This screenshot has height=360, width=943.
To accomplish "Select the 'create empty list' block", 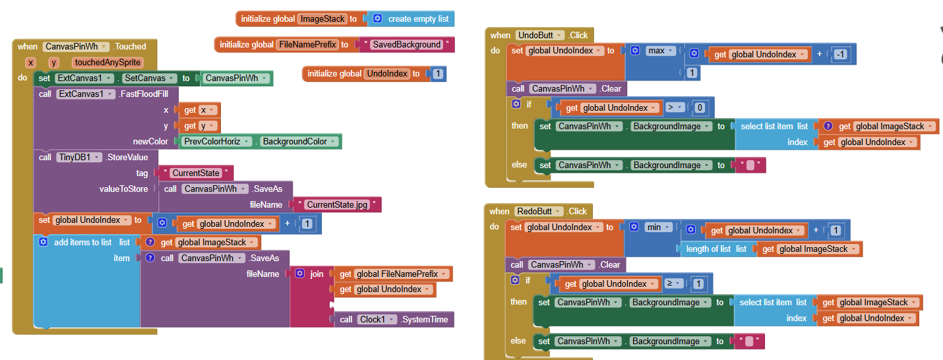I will (x=417, y=19).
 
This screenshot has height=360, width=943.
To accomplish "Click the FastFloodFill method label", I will (x=144, y=94).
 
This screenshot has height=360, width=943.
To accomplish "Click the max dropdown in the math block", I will (x=660, y=51).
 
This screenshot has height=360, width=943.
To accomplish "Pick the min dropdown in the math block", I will (x=657, y=227).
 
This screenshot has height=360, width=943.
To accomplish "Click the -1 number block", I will (x=839, y=55).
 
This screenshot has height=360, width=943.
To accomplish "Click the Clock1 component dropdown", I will (x=375, y=320).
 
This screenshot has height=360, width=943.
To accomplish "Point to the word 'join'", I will (x=317, y=274).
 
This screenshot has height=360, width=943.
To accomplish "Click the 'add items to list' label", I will (x=82, y=243).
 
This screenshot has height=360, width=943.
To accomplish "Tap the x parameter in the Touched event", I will (x=30, y=63).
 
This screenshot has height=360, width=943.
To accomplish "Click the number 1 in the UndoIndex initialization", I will (x=437, y=74).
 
